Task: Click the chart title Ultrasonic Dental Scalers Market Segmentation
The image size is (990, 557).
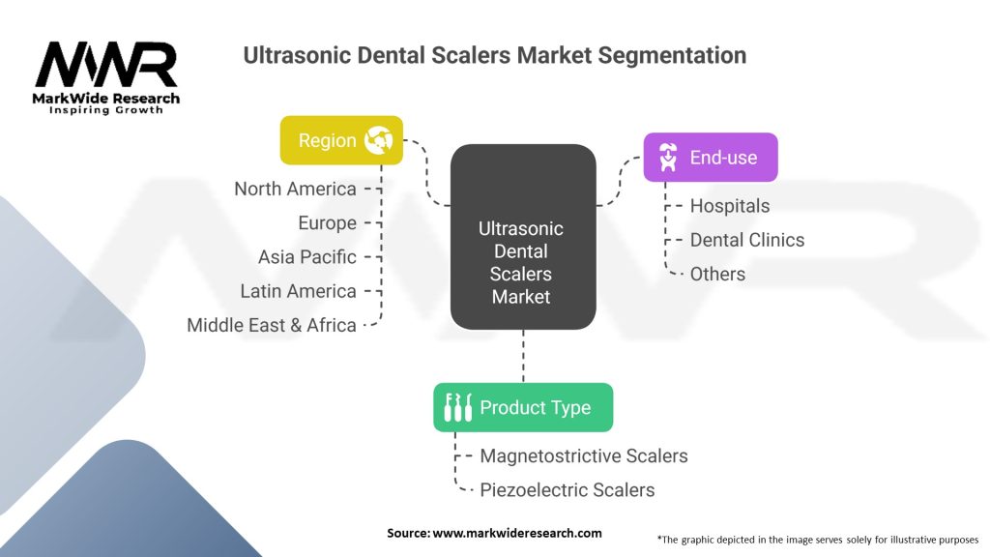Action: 494,55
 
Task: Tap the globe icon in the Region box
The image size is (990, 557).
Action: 378,140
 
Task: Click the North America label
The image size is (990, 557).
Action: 295,189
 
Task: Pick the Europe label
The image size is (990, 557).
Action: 327,223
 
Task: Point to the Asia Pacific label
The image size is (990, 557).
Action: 306,257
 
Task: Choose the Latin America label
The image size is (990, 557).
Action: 298,291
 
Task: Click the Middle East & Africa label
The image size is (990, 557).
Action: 272,325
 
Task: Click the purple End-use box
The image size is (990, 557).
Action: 711,157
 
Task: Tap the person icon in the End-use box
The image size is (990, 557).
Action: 668,157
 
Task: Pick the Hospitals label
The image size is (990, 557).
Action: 730,206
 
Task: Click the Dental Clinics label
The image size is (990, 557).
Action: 746,240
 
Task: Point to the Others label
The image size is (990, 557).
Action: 717,274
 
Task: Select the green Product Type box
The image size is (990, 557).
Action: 523,407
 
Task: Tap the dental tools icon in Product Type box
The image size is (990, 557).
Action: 457,407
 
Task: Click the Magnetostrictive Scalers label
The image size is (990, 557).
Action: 584,455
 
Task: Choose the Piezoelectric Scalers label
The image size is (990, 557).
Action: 567,489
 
